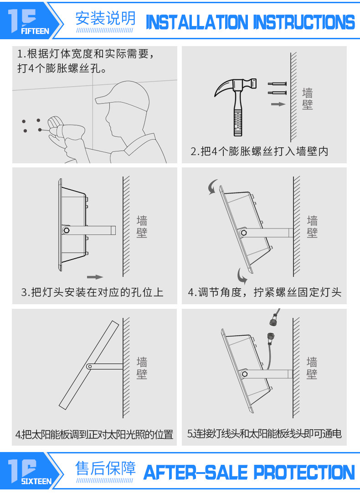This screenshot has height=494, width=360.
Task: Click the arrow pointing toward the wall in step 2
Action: [278, 104]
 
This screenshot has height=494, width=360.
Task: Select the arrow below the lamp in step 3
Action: [95, 277]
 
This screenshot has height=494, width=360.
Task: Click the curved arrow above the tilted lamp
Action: [212, 187]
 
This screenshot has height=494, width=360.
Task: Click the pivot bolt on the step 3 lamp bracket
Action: [67, 230]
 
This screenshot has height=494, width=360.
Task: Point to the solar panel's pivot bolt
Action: [89, 366]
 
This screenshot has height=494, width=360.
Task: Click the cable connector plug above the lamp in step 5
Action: [273, 322]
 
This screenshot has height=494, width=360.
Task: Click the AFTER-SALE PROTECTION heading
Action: [249, 473]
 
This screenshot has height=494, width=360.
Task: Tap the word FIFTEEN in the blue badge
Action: [35, 31]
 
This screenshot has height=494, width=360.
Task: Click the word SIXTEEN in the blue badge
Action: [36, 481]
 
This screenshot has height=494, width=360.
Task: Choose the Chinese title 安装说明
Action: [105, 18]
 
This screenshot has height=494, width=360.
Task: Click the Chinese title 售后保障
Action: [105, 468]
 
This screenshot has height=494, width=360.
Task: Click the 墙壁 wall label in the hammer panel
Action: [308, 99]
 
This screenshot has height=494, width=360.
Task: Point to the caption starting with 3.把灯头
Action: [92, 292]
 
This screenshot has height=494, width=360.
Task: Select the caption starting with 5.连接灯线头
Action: [264, 434]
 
